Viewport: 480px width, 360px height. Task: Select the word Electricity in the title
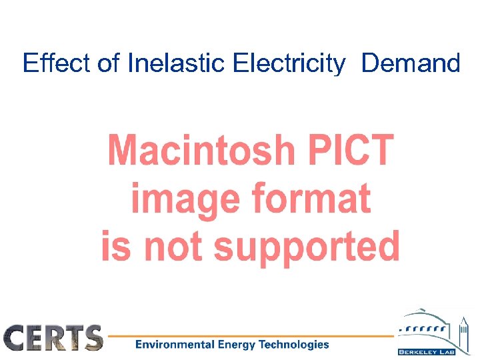pos(289,64)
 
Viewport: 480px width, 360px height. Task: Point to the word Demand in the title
pos(411,63)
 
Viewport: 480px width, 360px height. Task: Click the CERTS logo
pos(53,338)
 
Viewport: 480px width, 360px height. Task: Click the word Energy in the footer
pos(238,345)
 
